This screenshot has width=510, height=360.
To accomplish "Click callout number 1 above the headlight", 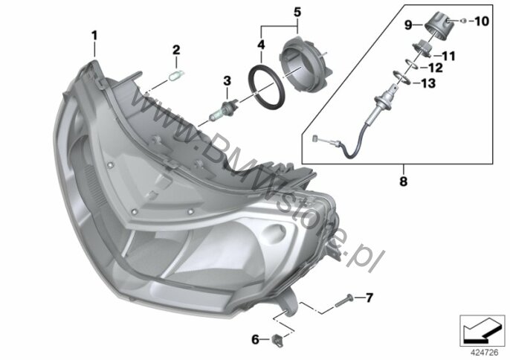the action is coord(94,35).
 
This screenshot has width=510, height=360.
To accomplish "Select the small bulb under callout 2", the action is coord(176,75).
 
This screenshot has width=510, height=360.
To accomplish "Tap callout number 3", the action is coord(227,81).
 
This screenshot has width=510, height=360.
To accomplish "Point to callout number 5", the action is coord(297,13).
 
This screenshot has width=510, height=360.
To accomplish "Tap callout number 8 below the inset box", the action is coord(403,181).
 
